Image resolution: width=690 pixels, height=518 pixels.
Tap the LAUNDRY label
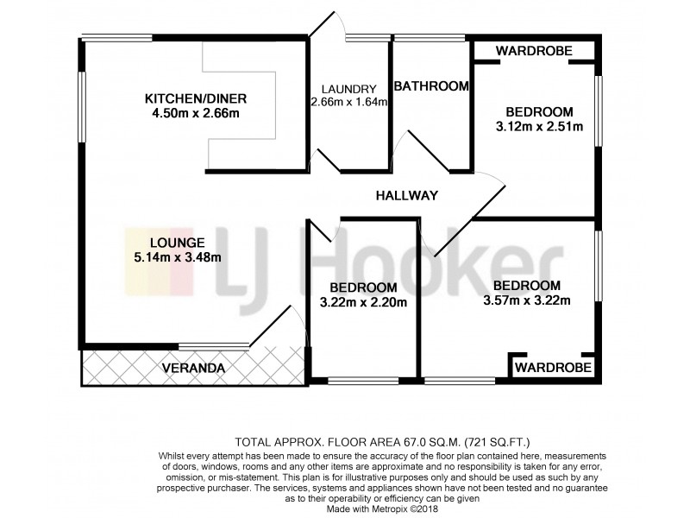click(348, 89)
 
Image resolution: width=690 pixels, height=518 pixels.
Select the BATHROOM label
click(431, 85)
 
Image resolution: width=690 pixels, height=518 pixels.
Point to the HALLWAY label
click(407, 196)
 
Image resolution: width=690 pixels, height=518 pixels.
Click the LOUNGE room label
click(175, 243)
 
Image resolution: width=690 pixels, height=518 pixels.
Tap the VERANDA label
click(194, 369)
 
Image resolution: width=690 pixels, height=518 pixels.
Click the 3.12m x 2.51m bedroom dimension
click(540, 127)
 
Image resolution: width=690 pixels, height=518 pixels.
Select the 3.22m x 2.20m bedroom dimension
click(363, 302)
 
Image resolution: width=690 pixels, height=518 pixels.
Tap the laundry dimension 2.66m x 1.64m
click(348, 102)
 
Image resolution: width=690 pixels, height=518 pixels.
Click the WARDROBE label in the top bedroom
click(535, 52)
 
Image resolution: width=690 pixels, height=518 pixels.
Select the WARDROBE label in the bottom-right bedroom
click(554, 368)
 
